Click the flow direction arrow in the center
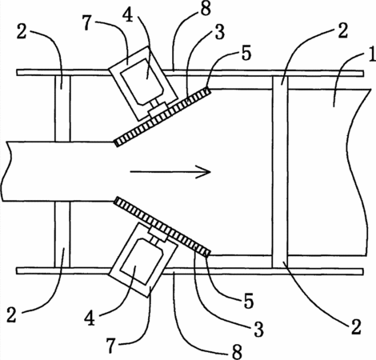click(170, 172)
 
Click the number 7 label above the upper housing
click(88, 22)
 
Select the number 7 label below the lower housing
click(111, 346)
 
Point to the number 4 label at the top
click(128, 15)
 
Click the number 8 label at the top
click(206, 8)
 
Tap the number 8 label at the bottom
click(237, 352)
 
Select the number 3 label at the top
click(220, 32)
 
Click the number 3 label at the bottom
click(258, 329)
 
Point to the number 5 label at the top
click(246, 53)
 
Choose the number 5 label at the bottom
click(249, 302)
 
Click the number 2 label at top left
click(22, 31)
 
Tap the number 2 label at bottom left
click(11, 314)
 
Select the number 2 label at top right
click(342, 30)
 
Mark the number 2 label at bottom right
click(356, 327)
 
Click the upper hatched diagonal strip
click(162, 117)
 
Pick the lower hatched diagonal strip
click(162, 227)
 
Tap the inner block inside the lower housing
click(142, 262)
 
